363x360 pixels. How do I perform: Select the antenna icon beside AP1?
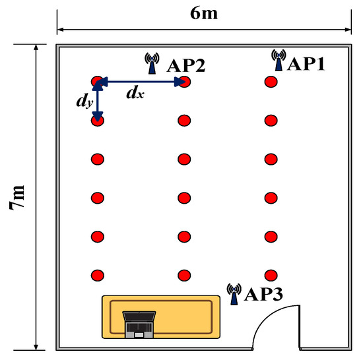279,61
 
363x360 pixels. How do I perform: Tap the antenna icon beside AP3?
233,294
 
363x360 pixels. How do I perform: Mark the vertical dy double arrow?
98,101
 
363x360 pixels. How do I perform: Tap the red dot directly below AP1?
270,82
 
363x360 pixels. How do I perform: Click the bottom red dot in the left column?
98,274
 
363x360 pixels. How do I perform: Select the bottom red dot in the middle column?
184,274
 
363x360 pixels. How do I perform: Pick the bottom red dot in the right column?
270,274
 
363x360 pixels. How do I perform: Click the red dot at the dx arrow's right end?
185,82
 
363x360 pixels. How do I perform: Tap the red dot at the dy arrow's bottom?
98,120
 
